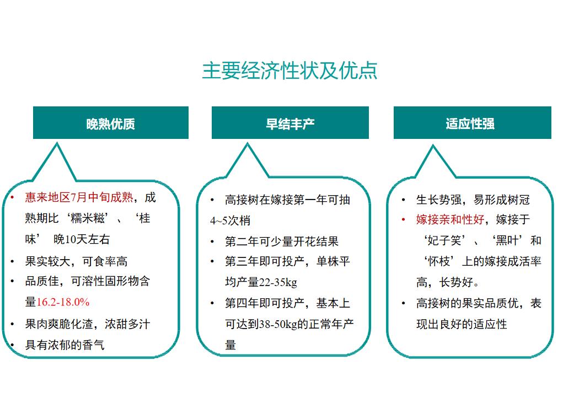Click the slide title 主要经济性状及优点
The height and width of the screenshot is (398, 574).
point(289,71)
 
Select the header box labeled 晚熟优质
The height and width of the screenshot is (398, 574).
point(110,122)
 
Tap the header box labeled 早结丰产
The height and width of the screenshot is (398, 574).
point(290,122)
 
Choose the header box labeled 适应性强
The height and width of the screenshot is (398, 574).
point(472,122)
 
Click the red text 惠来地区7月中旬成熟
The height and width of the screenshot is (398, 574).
point(79,197)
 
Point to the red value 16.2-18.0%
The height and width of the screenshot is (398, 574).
point(63,302)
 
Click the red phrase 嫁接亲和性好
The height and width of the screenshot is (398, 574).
point(450,219)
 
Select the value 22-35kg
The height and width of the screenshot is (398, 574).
point(278,282)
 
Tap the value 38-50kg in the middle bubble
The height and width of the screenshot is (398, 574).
point(278,324)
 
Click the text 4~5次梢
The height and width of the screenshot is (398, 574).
point(230,220)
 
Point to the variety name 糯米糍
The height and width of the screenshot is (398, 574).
point(88,218)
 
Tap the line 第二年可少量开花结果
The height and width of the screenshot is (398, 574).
point(282,241)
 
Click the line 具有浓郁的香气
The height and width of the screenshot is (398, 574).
point(65,345)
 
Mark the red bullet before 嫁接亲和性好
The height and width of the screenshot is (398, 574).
point(403,219)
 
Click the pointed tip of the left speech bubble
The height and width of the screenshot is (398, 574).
point(57,143)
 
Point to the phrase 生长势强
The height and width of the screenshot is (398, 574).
point(438,200)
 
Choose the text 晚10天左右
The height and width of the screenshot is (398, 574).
point(82,240)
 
